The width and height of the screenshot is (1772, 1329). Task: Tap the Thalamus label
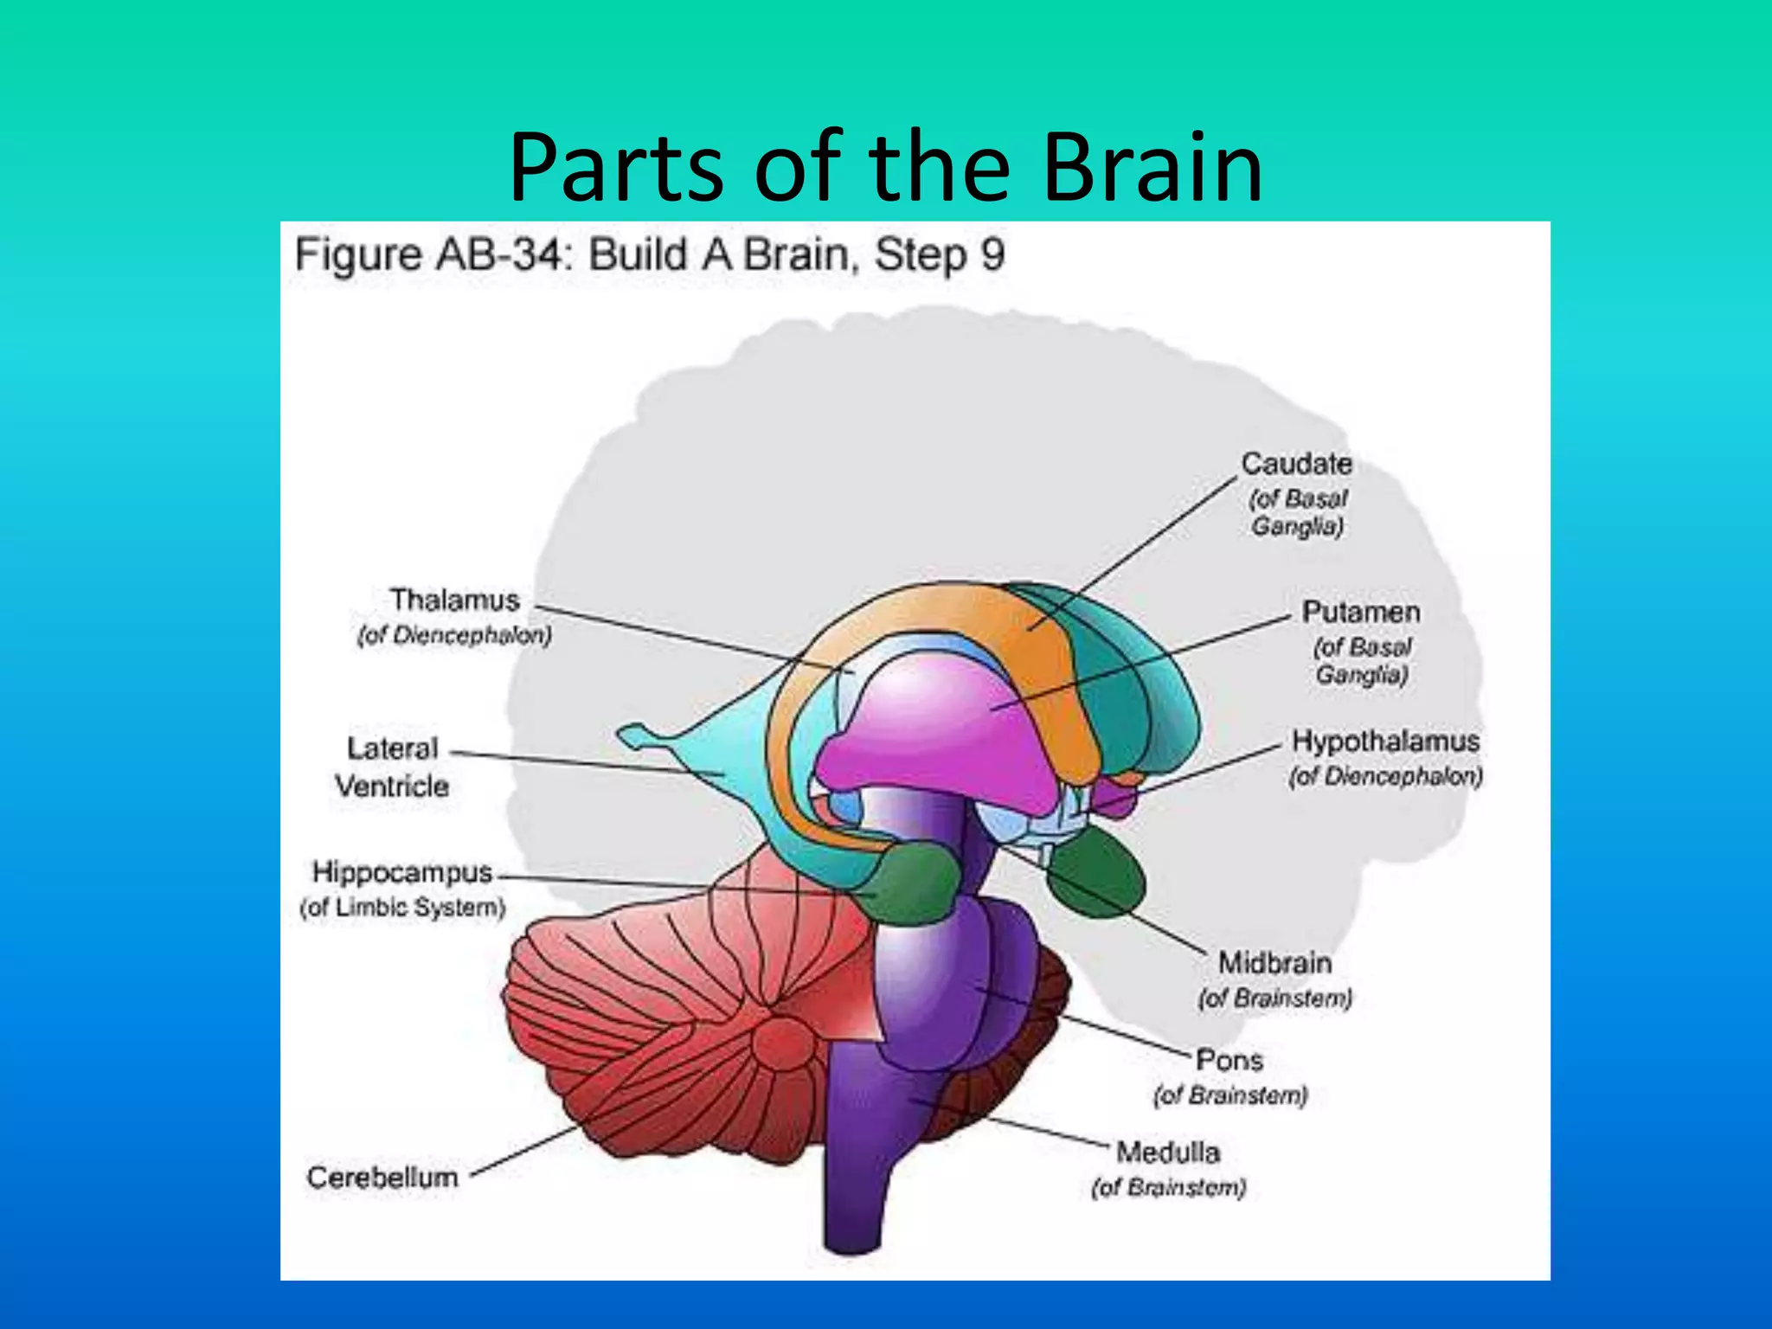(454, 600)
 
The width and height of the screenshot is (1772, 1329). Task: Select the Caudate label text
(1296, 464)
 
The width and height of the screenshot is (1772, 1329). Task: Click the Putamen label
(1361, 613)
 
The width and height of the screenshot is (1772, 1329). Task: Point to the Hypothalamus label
(1385, 742)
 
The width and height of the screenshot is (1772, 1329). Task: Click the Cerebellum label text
(382, 1177)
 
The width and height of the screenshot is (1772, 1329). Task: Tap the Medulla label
(1168, 1152)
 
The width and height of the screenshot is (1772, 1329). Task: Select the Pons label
(1229, 1060)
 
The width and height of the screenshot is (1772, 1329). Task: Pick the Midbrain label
(1274, 963)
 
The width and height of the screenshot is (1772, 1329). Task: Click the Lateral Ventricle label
(392, 767)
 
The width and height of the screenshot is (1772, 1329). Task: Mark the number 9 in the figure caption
(992, 255)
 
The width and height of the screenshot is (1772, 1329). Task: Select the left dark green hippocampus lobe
(908, 883)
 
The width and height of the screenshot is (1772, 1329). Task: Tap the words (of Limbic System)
(402, 908)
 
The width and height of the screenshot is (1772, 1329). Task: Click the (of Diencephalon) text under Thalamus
(454, 636)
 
